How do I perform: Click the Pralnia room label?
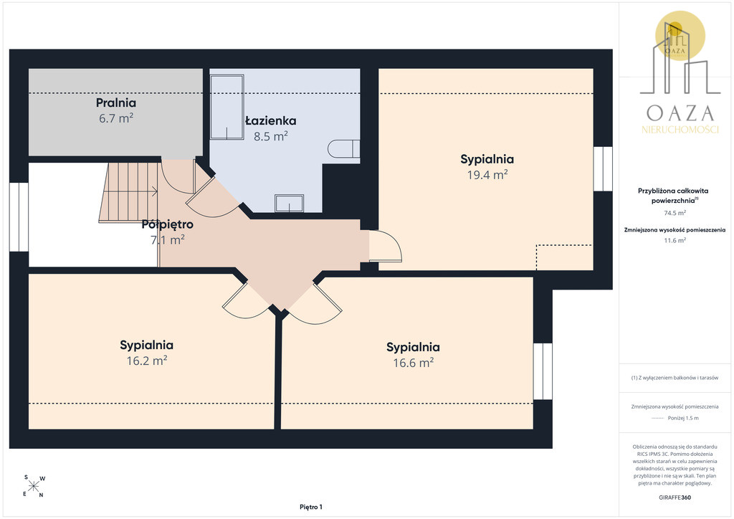(116, 103)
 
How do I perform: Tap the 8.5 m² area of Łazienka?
(270, 136)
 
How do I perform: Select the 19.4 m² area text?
(487, 175)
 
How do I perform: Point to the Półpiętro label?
(168, 224)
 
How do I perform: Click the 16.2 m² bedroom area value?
(147, 361)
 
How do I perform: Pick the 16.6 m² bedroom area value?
(414, 363)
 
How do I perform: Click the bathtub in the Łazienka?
(227, 108)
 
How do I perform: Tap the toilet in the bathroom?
(343, 149)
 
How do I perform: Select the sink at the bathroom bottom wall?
(290, 204)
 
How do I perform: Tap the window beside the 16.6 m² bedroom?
(543, 371)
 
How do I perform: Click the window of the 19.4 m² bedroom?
(603, 169)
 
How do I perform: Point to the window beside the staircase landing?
(19, 216)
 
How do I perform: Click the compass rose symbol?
(34, 486)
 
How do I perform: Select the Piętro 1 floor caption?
(311, 507)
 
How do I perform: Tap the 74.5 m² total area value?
(675, 213)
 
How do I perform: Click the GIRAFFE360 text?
(675, 497)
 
